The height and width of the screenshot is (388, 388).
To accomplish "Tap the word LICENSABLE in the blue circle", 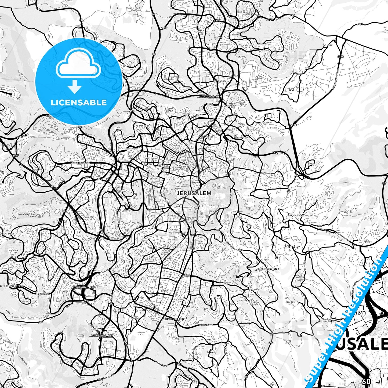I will click(79, 103).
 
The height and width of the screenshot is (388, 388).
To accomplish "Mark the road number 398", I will click(271, 343).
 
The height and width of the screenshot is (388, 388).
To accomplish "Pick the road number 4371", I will click(360, 24).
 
